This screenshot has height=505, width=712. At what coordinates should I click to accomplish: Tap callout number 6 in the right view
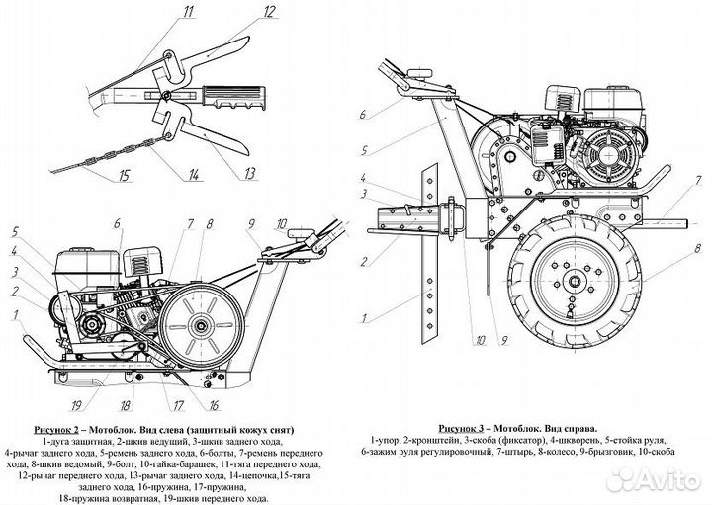click(x=364, y=114)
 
